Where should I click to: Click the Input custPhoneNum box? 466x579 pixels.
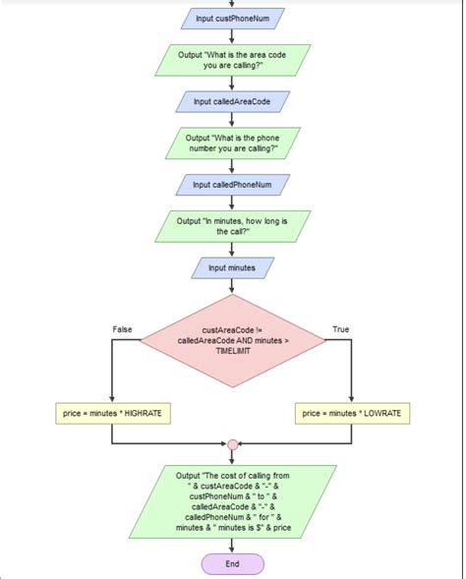(232, 19)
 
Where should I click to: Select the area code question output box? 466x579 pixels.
(232, 60)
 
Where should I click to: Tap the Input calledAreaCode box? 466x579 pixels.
(232, 101)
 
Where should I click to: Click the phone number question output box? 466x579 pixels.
(232, 144)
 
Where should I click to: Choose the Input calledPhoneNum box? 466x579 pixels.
(232, 185)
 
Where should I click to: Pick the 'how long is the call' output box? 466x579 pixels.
(232, 226)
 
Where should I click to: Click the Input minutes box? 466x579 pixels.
(232, 267)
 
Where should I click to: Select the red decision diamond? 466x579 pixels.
(232, 340)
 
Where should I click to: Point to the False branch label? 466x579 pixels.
(122, 329)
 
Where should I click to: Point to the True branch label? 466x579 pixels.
(341, 329)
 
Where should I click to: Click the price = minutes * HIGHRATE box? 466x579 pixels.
(113, 414)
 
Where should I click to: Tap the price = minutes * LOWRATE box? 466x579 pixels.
(352, 414)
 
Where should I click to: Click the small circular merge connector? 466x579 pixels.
(232, 445)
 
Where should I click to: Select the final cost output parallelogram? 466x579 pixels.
(232, 502)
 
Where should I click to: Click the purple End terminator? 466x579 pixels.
(232, 564)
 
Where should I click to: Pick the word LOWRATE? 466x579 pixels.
(380, 414)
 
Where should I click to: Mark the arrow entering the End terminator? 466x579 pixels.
(232, 547)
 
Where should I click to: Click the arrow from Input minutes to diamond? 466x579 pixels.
(232, 286)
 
